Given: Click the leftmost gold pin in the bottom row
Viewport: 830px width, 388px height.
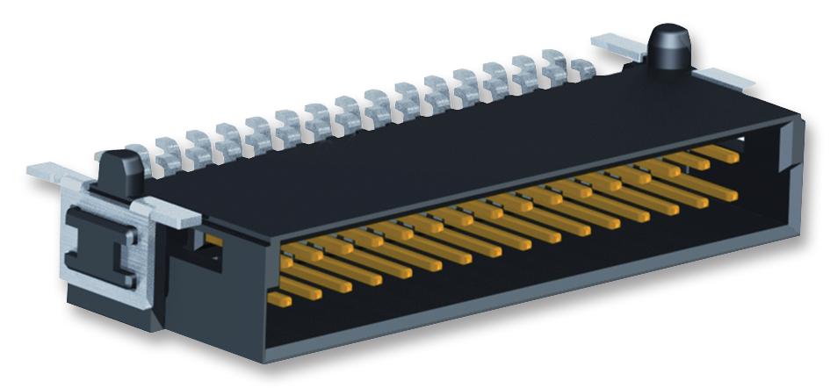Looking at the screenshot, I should [278, 300].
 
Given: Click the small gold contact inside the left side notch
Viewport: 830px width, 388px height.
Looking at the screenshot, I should [213, 240].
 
